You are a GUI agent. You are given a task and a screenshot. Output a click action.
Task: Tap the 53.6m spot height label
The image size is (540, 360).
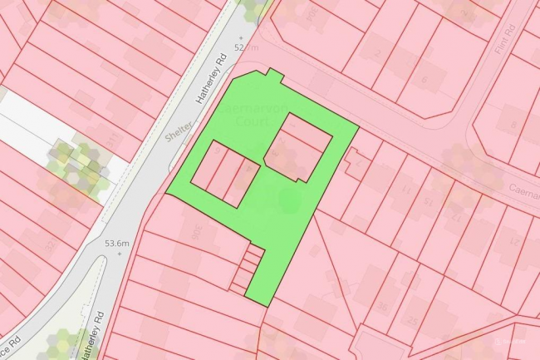pos(117,243)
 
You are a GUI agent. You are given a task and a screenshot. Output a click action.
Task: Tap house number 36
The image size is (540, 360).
pos(381,307)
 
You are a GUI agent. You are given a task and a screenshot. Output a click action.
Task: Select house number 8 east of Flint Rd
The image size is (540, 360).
pos(513,126)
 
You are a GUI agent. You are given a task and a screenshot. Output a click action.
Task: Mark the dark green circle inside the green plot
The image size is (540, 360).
pos(288,199)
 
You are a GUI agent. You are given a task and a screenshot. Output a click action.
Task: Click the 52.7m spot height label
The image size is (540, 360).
pos(247,47)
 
